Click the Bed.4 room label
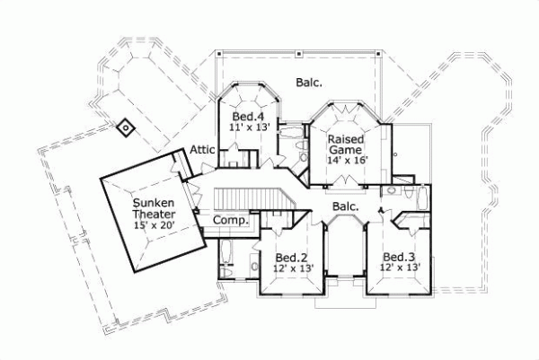pos(249,117)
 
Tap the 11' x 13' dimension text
pos(249,129)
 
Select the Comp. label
pos(229,220)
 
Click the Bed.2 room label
pos(292,254)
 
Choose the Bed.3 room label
pos(398,254)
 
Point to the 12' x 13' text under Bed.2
pos(292,267)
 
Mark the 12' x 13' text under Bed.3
pos(398,267)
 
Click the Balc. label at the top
pos(309,83)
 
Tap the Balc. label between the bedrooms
pos(345,206)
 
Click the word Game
pos(345,152)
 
